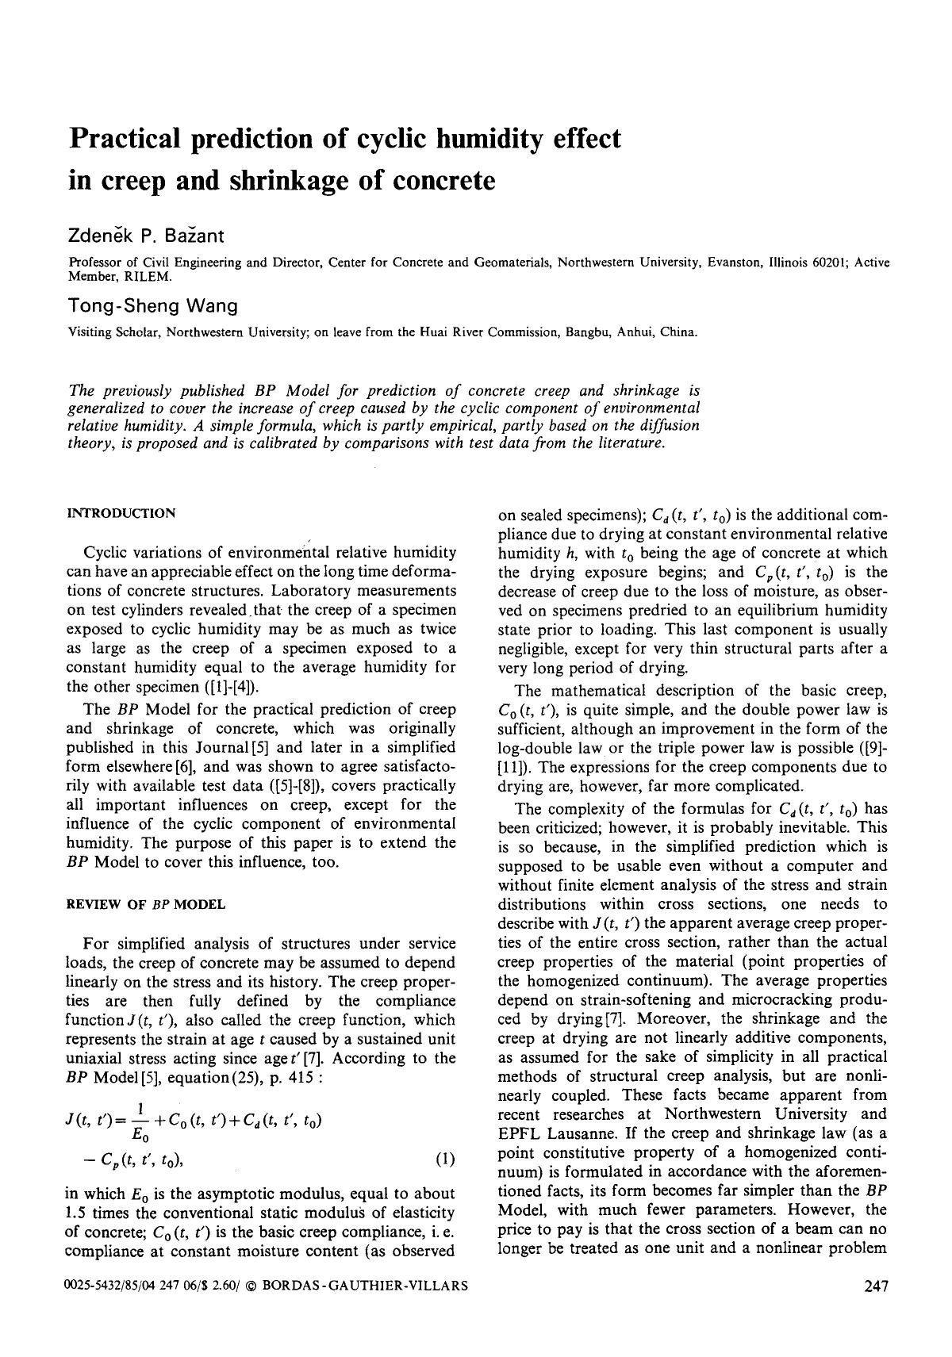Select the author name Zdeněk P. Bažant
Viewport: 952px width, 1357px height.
pos(147,236)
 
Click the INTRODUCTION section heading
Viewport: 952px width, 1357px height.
pos(121,513)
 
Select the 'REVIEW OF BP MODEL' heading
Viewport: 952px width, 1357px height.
pos(146,904)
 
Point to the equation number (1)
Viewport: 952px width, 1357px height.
pos(445,1160)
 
